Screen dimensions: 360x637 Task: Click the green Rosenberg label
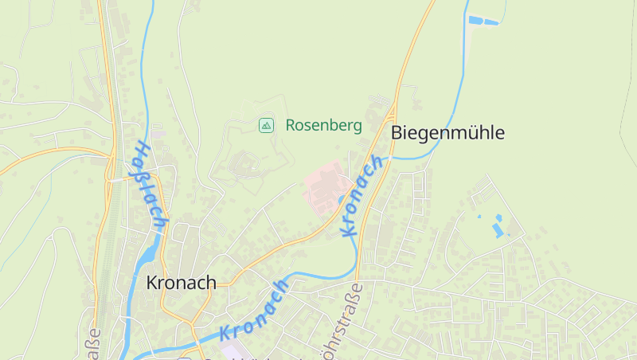click(x=323, y=125)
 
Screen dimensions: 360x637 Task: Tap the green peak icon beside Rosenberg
click(x=266, y=125)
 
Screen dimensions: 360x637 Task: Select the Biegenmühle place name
click(x=447, y=133)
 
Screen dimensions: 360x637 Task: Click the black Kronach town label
click(x=181, y=283)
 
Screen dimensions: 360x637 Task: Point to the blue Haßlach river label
click(x=148, y=186)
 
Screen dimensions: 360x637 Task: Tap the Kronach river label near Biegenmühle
click(x=361, y=196)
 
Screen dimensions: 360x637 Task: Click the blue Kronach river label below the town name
click(x=254, y=310)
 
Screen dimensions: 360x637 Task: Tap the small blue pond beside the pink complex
click(x=342, y=199)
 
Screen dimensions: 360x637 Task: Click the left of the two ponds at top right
click(x=476, y=19)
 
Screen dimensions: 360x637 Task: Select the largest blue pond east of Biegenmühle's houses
click(x=498, y=230)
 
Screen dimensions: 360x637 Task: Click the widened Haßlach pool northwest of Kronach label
click(x=147, y=253)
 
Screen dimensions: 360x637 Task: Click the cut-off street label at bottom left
click(x=93, y=343)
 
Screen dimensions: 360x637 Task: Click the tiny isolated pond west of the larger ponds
click(x=479, y=216)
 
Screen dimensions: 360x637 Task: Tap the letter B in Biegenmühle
click(x=397, y=133)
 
